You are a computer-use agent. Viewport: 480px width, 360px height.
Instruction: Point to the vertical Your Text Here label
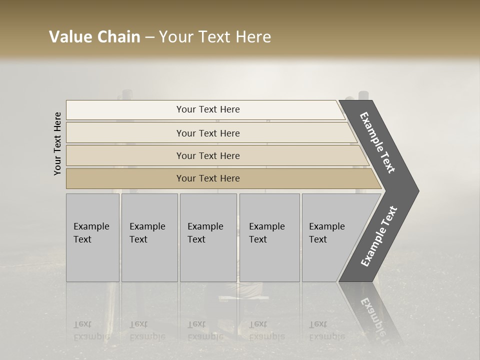tap(57, 143)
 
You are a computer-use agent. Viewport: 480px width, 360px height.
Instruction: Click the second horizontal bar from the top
tap(207, 133)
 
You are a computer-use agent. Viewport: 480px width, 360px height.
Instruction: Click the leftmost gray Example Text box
tap(92, 237)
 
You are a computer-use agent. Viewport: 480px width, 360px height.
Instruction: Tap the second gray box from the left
tap(149, 237)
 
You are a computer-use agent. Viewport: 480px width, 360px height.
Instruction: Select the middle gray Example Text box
tap(208, 237)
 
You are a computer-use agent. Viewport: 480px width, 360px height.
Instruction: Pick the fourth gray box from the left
tap(269, 237)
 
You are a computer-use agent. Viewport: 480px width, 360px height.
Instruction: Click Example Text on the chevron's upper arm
tap(377, 142)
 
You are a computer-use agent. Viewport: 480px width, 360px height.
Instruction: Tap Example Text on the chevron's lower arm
tap(378, 236)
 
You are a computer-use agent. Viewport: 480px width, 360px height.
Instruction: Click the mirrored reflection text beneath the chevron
tap(372, 315)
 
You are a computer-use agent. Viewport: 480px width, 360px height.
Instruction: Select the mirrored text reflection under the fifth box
tap(326, 330)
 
